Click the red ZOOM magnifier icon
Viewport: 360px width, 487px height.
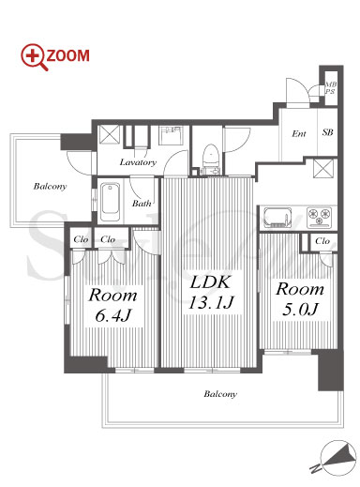click(x=34, y=57)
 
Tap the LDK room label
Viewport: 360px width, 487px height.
click(x=210, y=282)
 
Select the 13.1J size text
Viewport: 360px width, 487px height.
click(x=211, y=302)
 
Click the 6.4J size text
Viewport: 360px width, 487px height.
click(x=112, y=315)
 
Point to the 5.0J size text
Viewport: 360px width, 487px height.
click(x=300, y=309)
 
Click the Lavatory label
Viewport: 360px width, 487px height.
click(x=138, y=162)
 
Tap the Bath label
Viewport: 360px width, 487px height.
click(x=142, y=204)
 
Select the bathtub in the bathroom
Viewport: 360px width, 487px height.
click(x=110, y=202)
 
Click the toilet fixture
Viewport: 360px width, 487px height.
click(x=210, y=159)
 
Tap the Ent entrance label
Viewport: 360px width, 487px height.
click(x=299, y=133)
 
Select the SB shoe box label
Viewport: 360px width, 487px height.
click(x=327, y=132)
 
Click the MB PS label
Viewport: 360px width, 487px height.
click(x=331, y=88)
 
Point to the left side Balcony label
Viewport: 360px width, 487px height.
click(x=50, y=186)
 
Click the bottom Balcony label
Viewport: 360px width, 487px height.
click(x=220, y=394)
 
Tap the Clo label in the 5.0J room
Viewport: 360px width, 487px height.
click(x=322, y=241)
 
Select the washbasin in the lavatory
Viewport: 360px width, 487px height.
click(x=171, y=135)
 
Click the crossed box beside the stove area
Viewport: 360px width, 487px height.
click(x=323, y=168)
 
